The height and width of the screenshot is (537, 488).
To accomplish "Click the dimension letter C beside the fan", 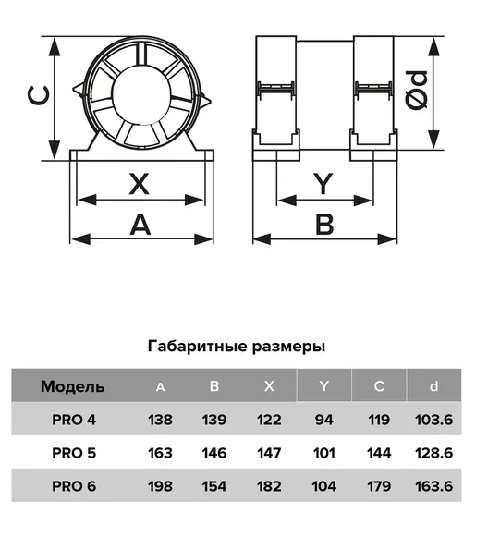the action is [38, 95].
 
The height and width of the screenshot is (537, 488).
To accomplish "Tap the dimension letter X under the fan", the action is [139, 184].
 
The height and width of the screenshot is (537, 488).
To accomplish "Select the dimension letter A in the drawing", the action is [140, 225].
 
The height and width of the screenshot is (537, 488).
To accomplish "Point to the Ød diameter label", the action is [416, 90].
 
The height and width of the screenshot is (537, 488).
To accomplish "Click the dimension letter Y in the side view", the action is [324, 184].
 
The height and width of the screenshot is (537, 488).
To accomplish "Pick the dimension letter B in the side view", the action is [324, 225].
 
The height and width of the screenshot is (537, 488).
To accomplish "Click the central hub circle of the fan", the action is [141, 93].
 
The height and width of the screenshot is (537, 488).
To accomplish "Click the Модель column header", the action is [72, 386].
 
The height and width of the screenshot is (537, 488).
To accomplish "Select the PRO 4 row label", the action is [74, 420].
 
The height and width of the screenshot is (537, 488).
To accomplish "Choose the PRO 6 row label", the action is [74, 486].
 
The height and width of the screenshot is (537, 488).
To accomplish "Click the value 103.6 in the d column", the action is [433, 420].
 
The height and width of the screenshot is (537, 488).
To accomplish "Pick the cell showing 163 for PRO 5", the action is [160, 453].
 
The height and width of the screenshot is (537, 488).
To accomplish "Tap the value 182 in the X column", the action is [269, 486].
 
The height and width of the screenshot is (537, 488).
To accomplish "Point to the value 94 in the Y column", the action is [324, 420].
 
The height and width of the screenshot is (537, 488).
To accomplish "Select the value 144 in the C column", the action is [379, 453].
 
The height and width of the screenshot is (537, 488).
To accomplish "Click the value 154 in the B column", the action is [214, 486].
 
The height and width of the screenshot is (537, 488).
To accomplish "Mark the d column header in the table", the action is [433, 386].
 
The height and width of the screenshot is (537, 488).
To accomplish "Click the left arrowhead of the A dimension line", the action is [80, 238].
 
